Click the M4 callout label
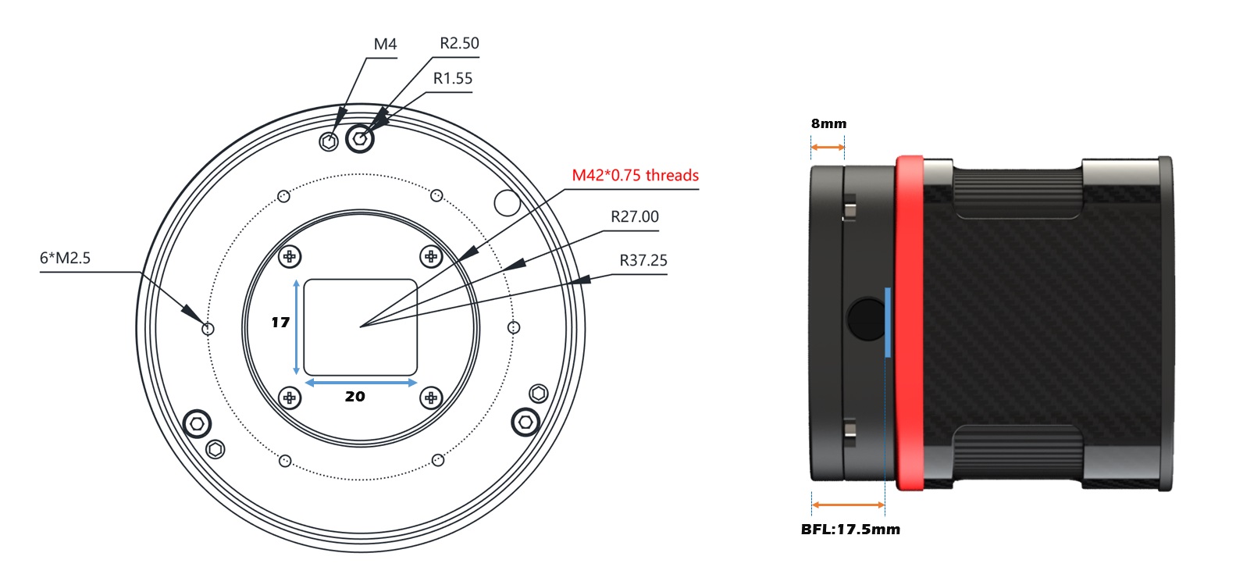coord(385,45)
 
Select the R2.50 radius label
coord(459,43)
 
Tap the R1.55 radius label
coord(452,78)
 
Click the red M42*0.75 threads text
coord(635,176)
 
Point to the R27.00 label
coord(635,217)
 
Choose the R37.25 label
coord(643,260)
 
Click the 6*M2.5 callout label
coord(65,258)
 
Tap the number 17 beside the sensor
coord(280,323)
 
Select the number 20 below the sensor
coord(354,396)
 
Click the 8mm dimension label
coord(828,123)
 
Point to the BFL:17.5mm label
coord(850,530)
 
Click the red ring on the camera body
coord(910,323)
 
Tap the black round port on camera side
coord(867,319)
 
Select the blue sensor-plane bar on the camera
coord(888,323)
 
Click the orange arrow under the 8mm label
coord(828,148)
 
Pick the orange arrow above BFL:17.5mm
coord(848,505)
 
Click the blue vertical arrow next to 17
coord(296,327)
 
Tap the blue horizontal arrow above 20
coord(361,383)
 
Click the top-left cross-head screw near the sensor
coord(290,257)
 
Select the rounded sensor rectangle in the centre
coord(360,327)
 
